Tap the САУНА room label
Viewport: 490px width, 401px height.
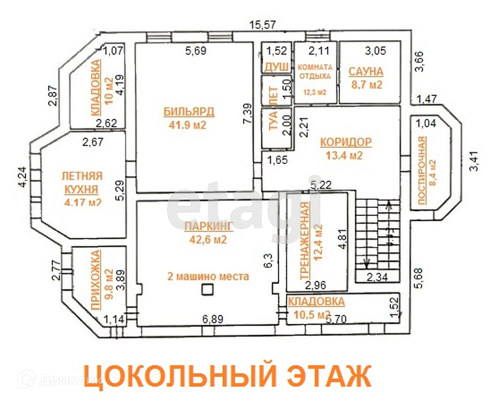point(366,71)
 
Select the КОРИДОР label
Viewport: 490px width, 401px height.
point(346,142)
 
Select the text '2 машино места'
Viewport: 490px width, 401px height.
point(208,277)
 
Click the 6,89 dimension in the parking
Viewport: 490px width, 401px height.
point(213,319)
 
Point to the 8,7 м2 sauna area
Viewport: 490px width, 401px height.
point(366,85)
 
